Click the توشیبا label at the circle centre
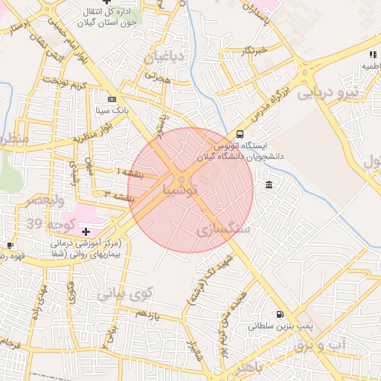pos(181,191)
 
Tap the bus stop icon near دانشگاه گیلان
pos(240,134)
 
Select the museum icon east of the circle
pos(268,185)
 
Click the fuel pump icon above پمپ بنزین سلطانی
pos(280,315)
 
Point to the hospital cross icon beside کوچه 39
pos(86,231)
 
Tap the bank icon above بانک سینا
pos(112,99)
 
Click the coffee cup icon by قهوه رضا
pos(10,245)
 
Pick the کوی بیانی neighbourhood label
pos(124,293)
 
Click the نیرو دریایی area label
pos(327,94)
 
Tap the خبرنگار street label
pos(254,50)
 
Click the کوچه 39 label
pos(45,223)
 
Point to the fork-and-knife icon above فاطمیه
pos(372,55)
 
